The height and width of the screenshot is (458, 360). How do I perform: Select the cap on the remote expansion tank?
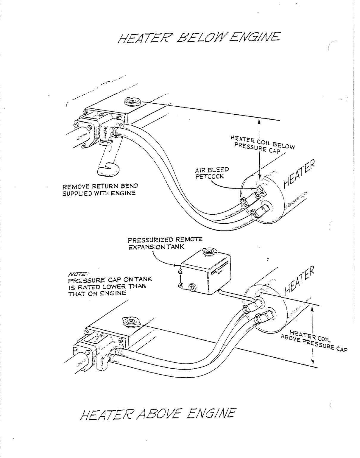tap(207, 252)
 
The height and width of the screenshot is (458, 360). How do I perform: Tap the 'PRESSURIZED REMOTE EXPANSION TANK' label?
tap(165, 243)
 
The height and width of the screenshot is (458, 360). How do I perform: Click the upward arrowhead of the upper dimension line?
tap(259, 121)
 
